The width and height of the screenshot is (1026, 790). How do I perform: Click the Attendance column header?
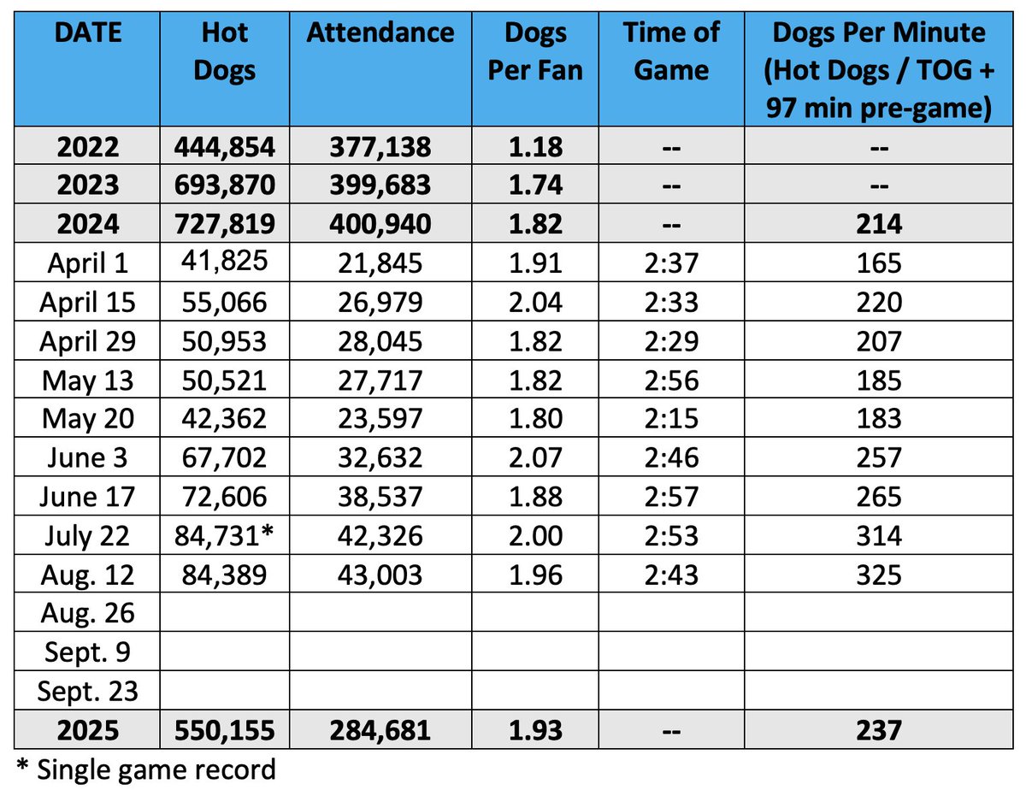pyautogui.click(x=380, y=34)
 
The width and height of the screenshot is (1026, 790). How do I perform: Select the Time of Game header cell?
pyautogui.click(x=671, y=50)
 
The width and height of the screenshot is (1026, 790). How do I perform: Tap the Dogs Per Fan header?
pyautogui.click(x=535, y=50)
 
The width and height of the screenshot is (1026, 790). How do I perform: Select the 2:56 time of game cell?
pyautogui.click(x=671, y=380)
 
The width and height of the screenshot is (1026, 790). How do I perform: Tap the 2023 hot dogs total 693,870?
pyautogui.click(x=224, y=186)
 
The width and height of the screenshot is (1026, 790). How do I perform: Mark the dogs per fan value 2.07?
pyautogui.click(x=535, y=458)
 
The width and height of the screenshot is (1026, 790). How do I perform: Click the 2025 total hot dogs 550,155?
pyautogui.click(x=224, y=729)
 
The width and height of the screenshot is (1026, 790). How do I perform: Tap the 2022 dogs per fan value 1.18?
pyautogui.click(x=535, y=147)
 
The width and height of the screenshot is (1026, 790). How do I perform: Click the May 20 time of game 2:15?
pyautogui.click(x=671, y=419)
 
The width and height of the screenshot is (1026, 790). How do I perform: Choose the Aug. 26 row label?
pyautogui.click(x=88, y=613)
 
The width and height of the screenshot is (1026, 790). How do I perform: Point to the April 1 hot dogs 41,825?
pyautogui.click(x=224, y=262)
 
